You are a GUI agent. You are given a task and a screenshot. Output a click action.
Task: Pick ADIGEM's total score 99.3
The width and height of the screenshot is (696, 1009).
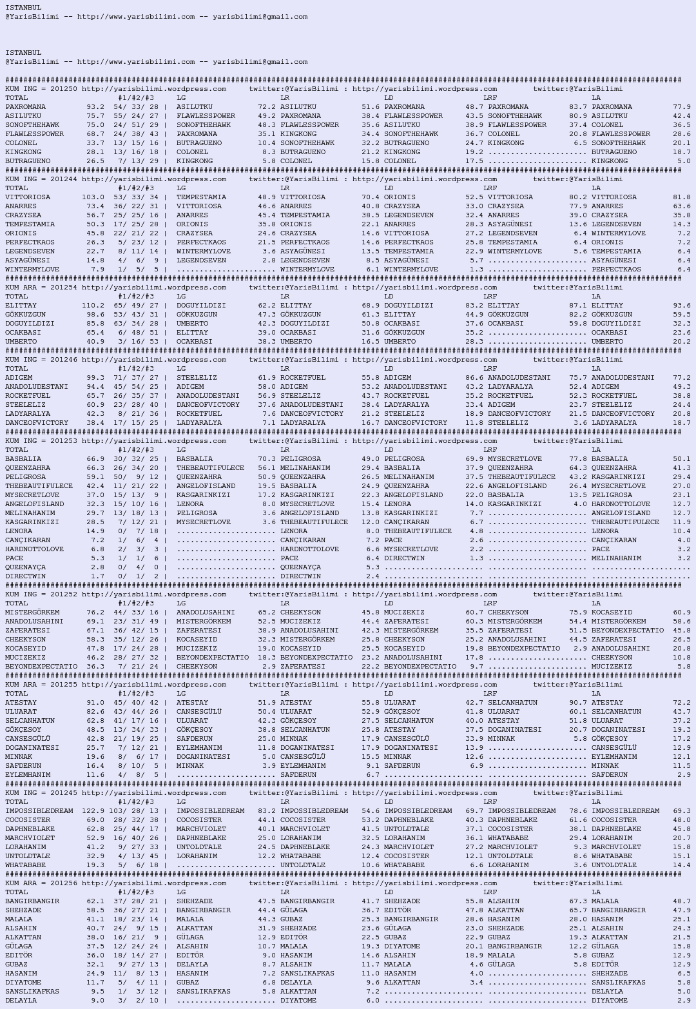(x=95, y=378)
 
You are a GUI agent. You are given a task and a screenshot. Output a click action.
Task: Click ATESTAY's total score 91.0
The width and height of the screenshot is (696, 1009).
(x=95, y=703)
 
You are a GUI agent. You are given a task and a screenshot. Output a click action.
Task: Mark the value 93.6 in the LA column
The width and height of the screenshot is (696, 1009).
(x=682, y=306)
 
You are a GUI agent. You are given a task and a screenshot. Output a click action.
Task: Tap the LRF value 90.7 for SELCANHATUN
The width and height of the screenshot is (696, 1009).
(x=578, y=703)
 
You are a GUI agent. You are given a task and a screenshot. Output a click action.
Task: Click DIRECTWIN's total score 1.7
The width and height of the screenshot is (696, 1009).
(x=97, y=576)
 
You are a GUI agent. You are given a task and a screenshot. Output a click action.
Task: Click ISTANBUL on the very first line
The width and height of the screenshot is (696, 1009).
(x=23, y=8)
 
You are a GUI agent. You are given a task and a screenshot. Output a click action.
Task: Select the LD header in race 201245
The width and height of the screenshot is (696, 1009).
(x=389, y=802)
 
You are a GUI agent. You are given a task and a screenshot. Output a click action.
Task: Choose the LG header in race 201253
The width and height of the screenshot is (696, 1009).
(x=181, y=450)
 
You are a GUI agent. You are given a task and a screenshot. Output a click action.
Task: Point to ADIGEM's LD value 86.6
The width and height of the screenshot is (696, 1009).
(x=474, y=378)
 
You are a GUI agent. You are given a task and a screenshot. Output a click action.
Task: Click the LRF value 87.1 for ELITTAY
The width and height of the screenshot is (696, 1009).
(x=578, y=306)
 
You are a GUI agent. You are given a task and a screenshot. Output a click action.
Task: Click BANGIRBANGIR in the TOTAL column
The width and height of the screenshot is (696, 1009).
(x=32, y=901)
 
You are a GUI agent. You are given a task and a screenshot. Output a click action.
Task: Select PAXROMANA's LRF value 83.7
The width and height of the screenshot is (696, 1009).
(x=578, y=107)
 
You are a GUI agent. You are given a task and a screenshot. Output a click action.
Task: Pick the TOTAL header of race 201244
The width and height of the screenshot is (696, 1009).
(x=17, y=188)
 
